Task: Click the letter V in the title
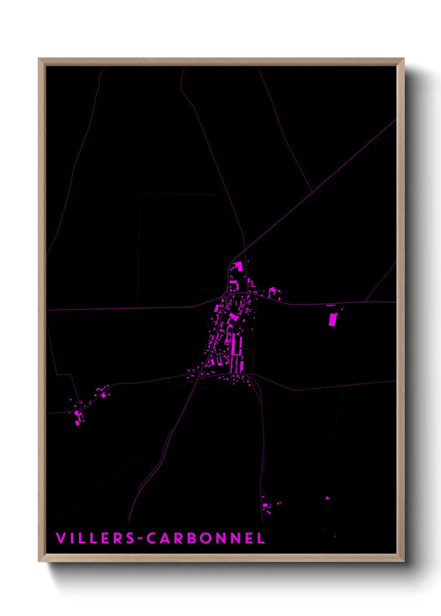[60, 538]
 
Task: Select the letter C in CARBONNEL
[152, 538]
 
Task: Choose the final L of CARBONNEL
[261, 538]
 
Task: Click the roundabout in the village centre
[226, 295]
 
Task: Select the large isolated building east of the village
[333, 320]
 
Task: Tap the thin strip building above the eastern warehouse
[331, 306]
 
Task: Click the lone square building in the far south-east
[327, 498]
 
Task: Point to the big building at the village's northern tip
[238, 266]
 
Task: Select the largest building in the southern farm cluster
[265, 505]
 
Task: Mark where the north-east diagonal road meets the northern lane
[312, 192]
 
